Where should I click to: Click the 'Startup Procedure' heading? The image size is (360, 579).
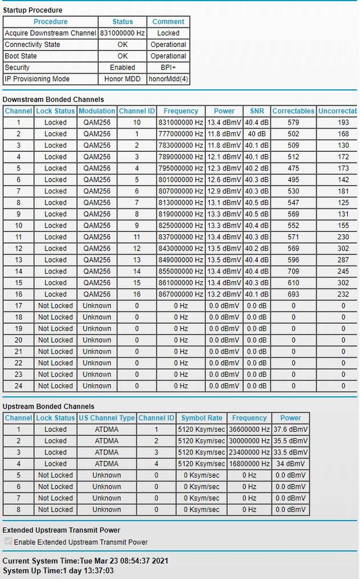tap(32, 10)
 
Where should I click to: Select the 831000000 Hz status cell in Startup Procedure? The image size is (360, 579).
tap(122, 33)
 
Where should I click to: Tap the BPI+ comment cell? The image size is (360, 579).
tap(168, 67)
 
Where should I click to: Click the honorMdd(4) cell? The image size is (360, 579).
tap(168, 79)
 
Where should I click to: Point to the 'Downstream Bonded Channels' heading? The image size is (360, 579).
tap(53, 100)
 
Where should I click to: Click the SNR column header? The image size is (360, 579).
tap(257, 111)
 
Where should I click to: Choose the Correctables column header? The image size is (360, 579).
tap(293, 111)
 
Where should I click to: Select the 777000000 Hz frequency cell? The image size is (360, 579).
tap(181, 134)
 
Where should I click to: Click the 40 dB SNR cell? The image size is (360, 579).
tap(257, 134)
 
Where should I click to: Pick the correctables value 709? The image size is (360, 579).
tap(293, 271)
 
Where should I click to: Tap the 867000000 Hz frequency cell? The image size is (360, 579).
tap(181, 294)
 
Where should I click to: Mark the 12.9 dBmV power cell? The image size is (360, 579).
tap(224, 191)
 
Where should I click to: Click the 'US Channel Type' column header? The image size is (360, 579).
tap(107, 418)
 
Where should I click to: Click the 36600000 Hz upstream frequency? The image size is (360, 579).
tap(249, 429)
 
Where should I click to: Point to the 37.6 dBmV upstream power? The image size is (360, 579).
tap(291, 429)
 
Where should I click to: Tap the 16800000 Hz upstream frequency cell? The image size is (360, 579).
tap(249, 464)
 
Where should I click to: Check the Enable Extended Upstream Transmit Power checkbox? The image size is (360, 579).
tap(8, 542)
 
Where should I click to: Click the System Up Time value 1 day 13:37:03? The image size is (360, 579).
tap(87, 571)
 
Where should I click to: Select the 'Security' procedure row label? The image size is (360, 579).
tap(19, 67)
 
